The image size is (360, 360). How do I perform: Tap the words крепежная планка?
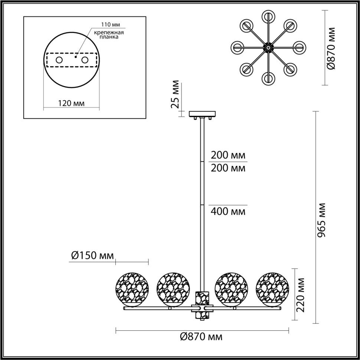click(114, 35)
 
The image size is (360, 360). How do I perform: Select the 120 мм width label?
click(71, 103)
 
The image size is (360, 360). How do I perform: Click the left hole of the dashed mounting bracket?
click(59, 60)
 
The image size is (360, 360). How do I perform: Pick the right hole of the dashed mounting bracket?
click(85, 60)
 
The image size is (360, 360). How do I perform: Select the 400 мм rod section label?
click(228, 212)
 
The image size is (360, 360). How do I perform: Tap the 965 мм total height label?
click(321, 220)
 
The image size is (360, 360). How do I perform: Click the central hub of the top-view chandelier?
click(267, 48)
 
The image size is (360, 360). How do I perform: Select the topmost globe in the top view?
click(267, 17)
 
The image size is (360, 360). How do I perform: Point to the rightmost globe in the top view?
click(298, 48)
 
